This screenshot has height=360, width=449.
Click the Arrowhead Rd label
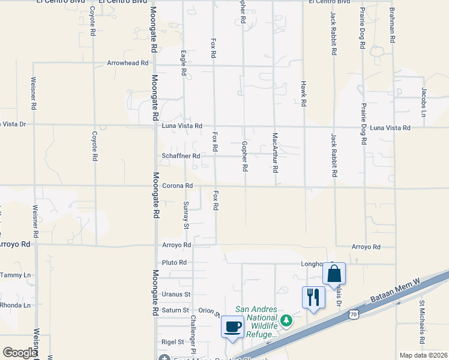point(127,63)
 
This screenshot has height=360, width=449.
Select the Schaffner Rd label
point(180,156)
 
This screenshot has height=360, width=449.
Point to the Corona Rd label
point(177,186)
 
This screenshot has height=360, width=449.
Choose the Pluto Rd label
point(174,263)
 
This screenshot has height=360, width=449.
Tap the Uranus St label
point(176,295)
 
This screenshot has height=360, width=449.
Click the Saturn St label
point(176,310)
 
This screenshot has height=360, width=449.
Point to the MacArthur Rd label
point(276,153)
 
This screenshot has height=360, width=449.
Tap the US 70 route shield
point(354,313)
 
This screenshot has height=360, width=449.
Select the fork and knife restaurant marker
point(313,297)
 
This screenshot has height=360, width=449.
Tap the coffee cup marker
point(232,327)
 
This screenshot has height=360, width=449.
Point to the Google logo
point(19,353)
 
